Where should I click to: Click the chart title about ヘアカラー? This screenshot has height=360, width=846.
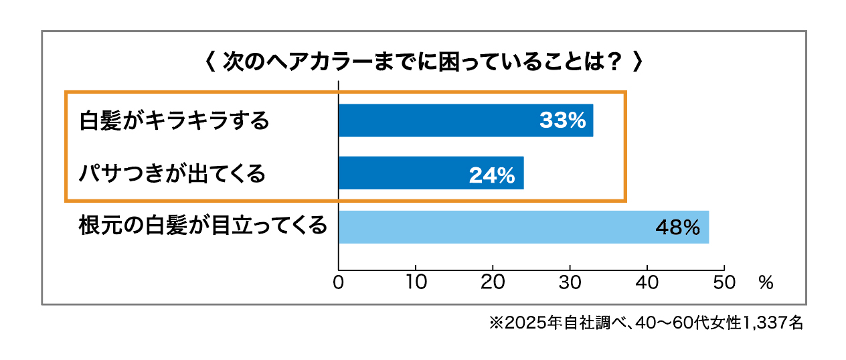click(423, 63)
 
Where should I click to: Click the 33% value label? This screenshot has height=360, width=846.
click(562, 121)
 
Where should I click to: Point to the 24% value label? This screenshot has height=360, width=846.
click(492, 175)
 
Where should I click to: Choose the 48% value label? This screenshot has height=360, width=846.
click(677, 228)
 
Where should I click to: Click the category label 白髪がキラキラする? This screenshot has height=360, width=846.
click(174, 121)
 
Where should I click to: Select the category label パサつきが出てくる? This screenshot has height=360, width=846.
click(173, 174)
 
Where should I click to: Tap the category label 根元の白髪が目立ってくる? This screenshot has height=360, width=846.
click(203, 226)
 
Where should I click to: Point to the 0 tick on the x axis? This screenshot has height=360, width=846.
click(339, 282)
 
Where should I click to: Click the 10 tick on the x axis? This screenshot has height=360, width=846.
click(416, 282)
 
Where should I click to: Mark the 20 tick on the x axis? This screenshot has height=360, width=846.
click(493, 282)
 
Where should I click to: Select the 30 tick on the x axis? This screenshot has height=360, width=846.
click(570, 282)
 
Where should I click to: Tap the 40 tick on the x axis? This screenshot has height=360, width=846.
click(647, 282)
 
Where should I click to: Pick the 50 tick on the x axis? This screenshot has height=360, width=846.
click(724, 282)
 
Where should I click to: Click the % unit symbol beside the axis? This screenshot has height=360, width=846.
click(766, 282)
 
